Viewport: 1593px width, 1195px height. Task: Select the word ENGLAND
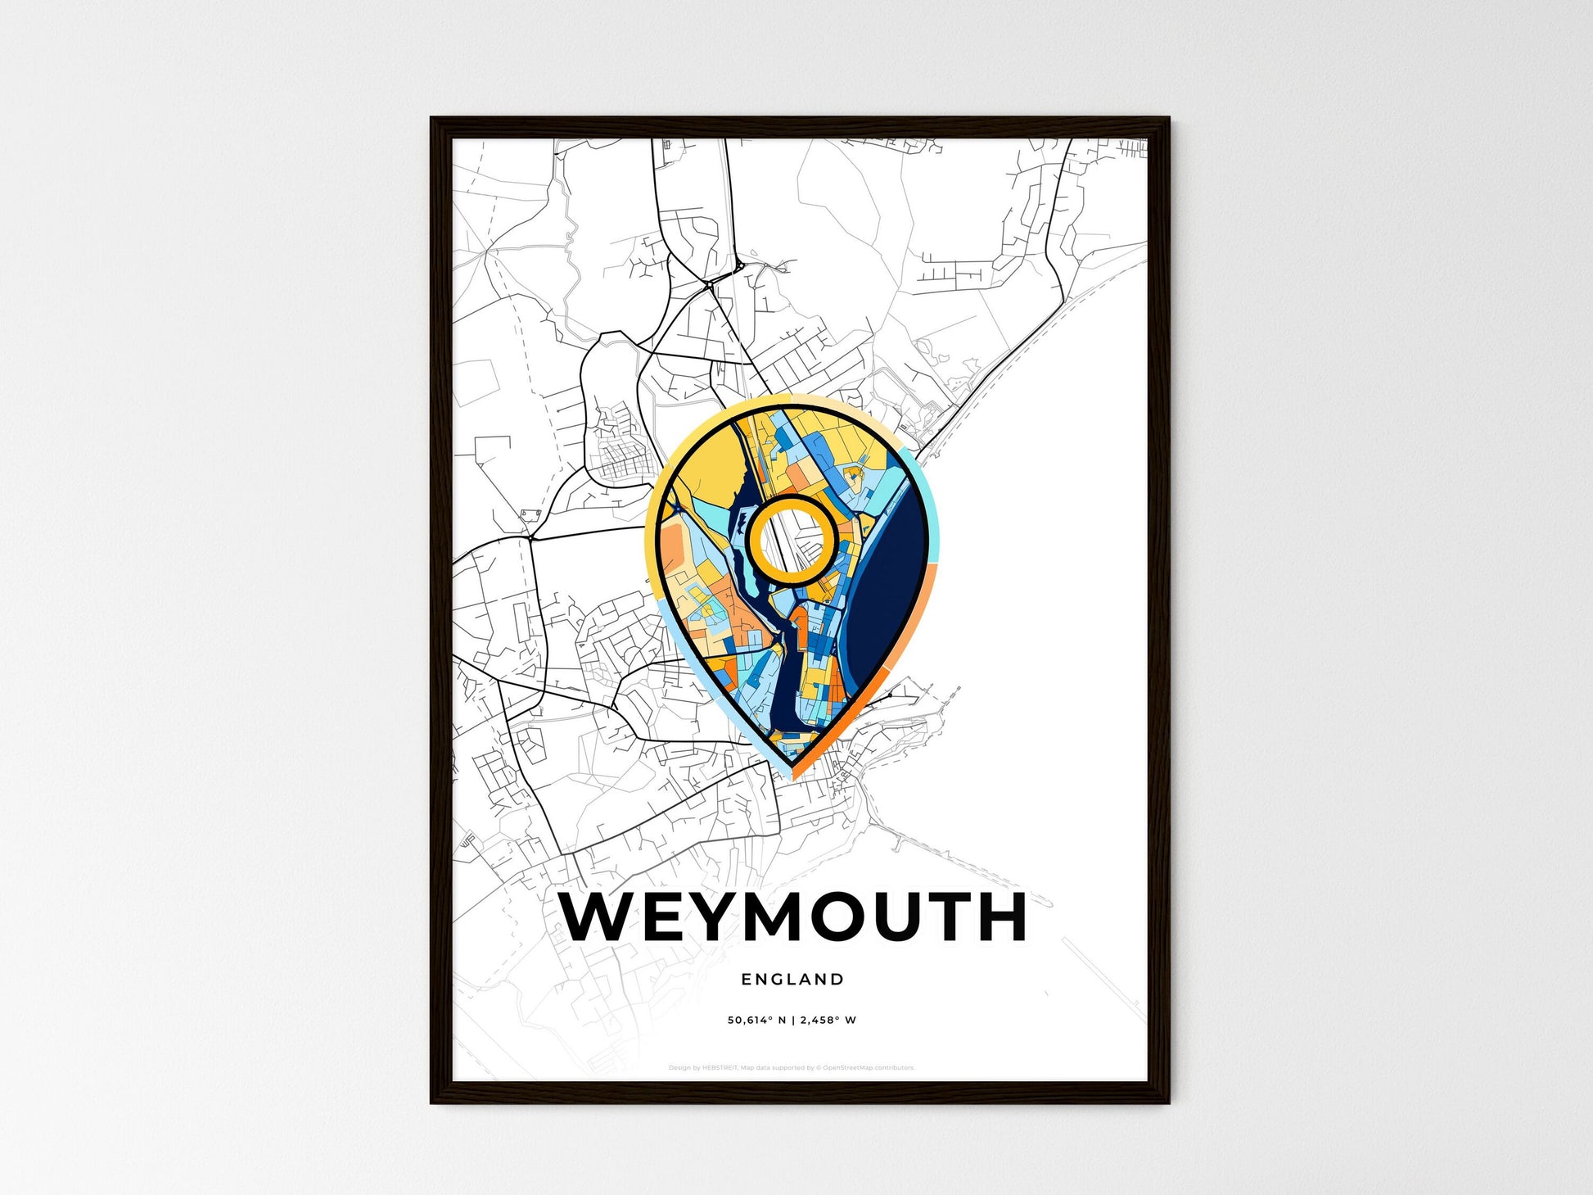(792, 979)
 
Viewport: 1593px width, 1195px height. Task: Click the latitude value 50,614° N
(756, 1021)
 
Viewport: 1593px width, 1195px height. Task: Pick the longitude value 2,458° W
(828, 1021)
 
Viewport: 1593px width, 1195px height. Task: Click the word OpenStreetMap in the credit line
(846, 1068)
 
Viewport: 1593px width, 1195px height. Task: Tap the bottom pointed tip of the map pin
(792, 774)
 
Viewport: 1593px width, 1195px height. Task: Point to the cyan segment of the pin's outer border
(924, 491)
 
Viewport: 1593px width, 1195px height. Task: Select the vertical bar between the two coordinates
(792, 1021)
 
